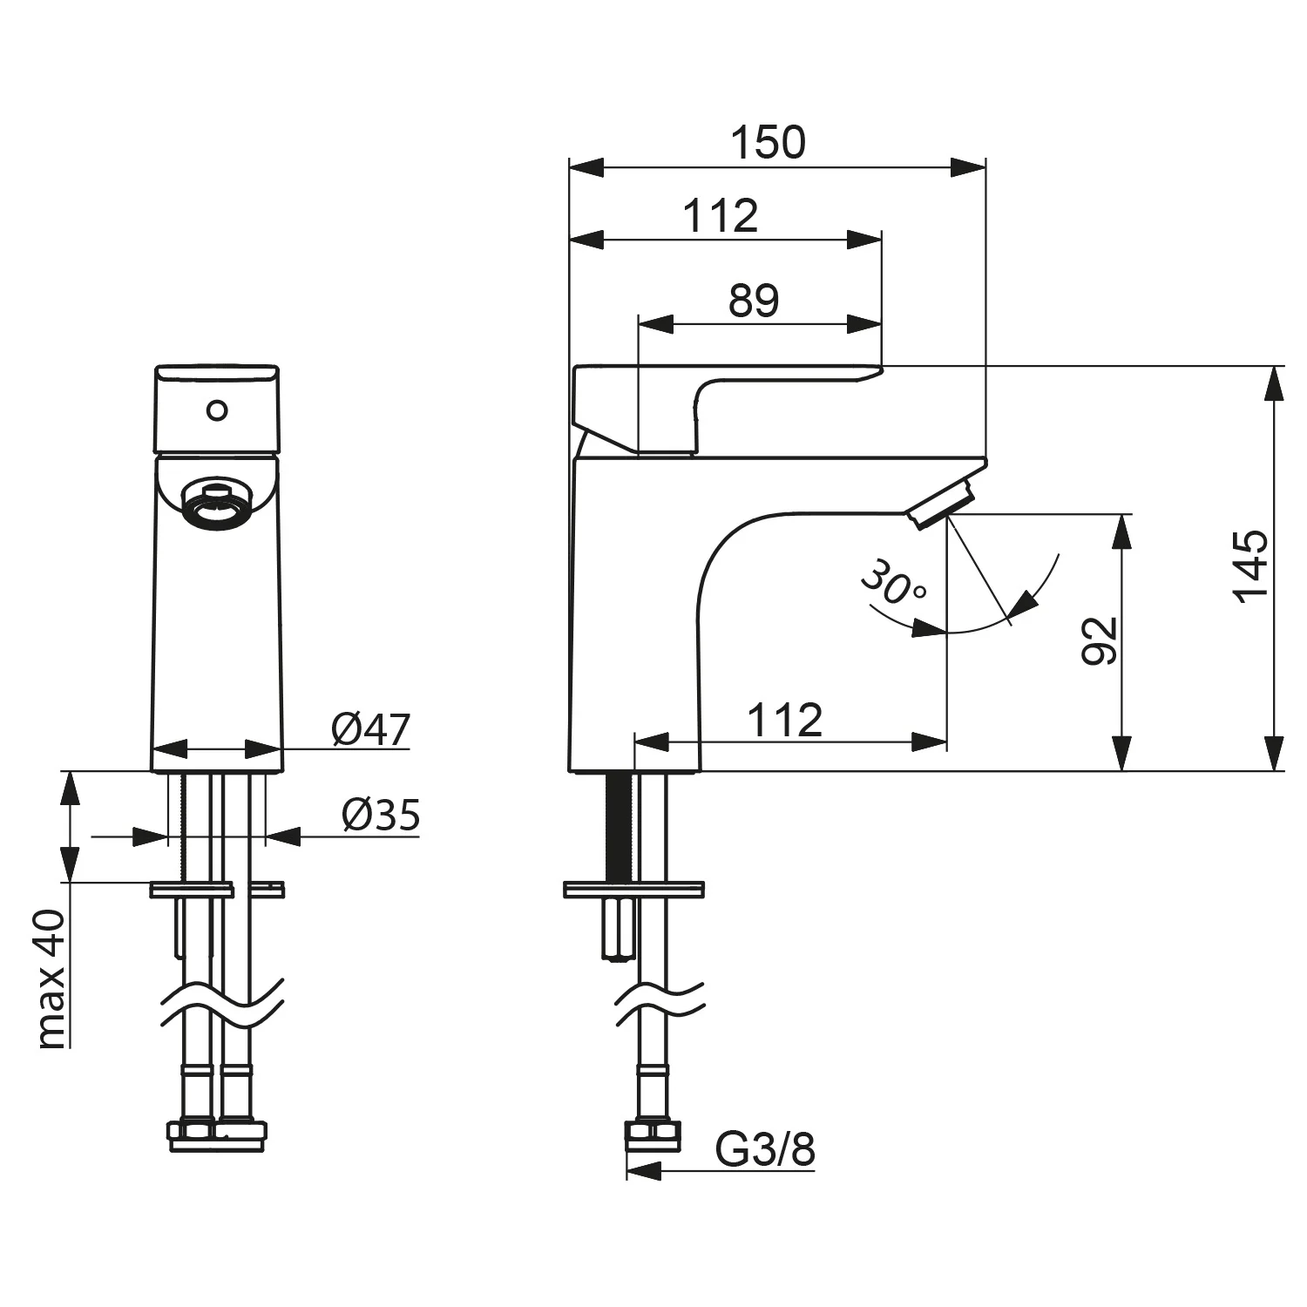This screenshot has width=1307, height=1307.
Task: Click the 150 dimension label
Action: [768, 143]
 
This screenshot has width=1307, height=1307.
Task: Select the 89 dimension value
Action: [754, 301]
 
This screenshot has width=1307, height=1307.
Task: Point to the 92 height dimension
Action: [1100, 641]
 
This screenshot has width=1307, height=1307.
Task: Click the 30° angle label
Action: [892, 582]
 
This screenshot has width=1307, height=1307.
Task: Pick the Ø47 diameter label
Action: [370, 729]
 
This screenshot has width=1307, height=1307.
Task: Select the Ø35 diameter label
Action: [381, 815]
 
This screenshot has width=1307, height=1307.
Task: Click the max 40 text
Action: [51, 978]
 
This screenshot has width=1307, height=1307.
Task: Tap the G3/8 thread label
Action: [765, 1149]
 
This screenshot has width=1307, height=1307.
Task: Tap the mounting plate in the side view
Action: [633, 889]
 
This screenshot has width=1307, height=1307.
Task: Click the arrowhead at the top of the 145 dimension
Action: [1274, 383]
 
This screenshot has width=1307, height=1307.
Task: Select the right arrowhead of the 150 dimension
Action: [968, 167]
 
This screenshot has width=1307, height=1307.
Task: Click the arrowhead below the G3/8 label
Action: [644, 1173]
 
